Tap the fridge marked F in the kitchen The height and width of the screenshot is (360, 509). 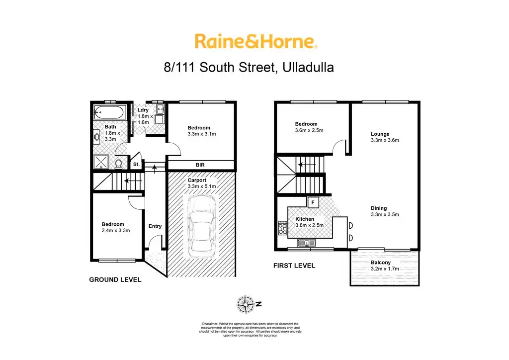313,202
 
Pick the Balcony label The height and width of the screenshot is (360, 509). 381,263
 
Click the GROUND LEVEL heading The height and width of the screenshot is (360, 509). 115,280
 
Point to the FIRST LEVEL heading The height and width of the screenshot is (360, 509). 294,266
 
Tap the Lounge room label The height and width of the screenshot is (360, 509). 380,134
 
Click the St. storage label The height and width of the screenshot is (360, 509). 135,164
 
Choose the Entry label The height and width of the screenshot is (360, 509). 155,226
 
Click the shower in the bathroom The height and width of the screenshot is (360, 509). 102,162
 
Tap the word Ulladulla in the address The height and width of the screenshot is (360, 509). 308,67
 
